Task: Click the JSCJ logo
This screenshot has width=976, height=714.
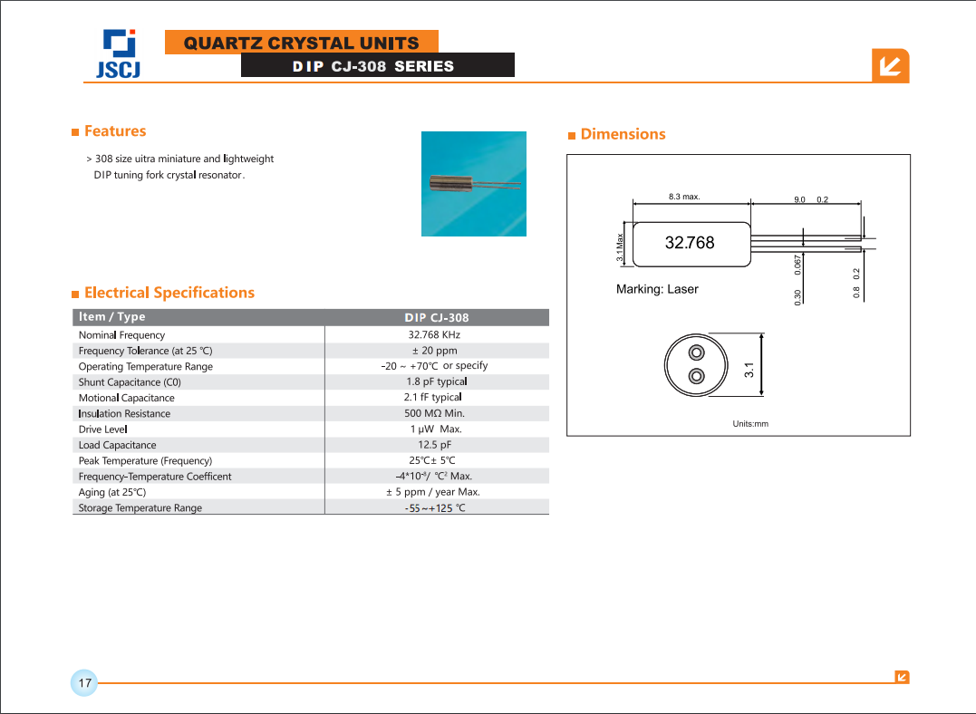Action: (x=119, y=54)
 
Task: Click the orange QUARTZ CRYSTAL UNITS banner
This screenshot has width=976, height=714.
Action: (x=301, y=43)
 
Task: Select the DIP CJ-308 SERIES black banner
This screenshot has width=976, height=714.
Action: (x=377, y=66)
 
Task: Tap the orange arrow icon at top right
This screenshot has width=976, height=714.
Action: (x=890, y=66)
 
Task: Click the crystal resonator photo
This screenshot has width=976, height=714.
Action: (x=473, y=184)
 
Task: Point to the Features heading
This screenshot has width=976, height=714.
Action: (x=114, y=131)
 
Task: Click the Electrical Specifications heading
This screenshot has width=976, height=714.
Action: (x=169, y=293)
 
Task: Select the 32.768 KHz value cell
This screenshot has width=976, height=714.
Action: (x=434, y=335)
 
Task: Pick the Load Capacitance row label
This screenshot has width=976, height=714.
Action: (x=117, y=445)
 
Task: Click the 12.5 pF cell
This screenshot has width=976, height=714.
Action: (x=434, y=445)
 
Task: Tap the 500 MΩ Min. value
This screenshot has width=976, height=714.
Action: (x=434, y=413)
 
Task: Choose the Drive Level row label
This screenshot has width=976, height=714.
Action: (x=102, y=429)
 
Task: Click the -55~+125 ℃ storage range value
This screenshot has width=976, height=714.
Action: (x=435, y=508)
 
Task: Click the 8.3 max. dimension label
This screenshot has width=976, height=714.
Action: (x=684, y=197)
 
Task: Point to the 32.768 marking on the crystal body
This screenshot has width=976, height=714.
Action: (x=690, y=243)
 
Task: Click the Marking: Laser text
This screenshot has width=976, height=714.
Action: (x=657, y=289)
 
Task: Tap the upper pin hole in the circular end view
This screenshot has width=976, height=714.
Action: (x=696, y=352)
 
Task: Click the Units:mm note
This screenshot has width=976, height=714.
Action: (x=750, y=424)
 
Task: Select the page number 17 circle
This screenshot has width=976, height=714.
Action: (x=84, y=683)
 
